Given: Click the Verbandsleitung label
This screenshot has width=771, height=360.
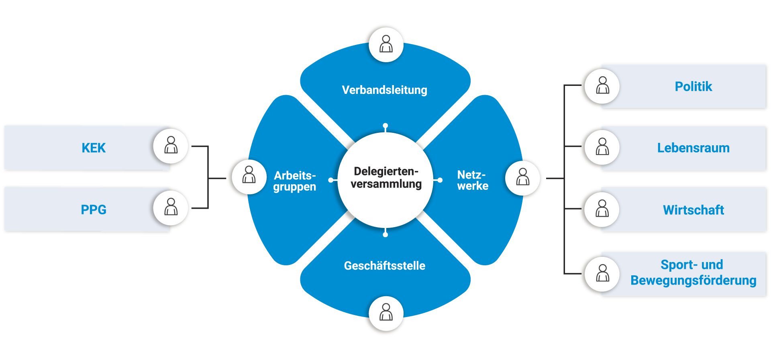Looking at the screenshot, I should coord(384,90).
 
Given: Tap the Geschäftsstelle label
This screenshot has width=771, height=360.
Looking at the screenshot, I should coord(384,266).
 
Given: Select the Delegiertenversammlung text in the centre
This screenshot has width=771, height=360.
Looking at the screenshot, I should coord(386,178).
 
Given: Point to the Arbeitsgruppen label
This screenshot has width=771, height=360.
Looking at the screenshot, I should coord(295,181).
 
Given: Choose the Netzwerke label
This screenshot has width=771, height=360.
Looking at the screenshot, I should coord(473,180).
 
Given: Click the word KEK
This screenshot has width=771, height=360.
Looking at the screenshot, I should coord(94,148).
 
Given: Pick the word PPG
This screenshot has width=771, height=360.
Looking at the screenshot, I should coord(94,209).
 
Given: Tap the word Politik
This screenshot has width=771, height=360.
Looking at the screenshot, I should coord(693,87).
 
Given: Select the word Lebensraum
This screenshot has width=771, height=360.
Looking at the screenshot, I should coord(693,148).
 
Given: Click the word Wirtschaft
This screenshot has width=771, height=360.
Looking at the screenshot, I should coord(693,210).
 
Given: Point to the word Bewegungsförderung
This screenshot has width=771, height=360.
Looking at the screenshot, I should coord(693,280).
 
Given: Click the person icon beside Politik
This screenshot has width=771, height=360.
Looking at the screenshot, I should coord(602,86).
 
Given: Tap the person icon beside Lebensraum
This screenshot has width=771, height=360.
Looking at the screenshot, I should coord(602,147).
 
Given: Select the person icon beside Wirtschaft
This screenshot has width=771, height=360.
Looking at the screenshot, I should coord(602,209).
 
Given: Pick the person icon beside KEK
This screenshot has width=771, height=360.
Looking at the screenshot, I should coord(171,145).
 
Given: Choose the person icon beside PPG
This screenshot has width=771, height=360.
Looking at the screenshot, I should coord(171,207).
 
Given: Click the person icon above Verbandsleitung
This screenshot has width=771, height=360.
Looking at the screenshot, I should coord(386,45).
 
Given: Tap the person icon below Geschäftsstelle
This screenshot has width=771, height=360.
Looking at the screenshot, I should coord(386,313).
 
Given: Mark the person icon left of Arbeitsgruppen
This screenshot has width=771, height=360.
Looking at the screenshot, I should coord(249,175).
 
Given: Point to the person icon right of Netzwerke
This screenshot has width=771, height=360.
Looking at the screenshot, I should coord(522,177).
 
